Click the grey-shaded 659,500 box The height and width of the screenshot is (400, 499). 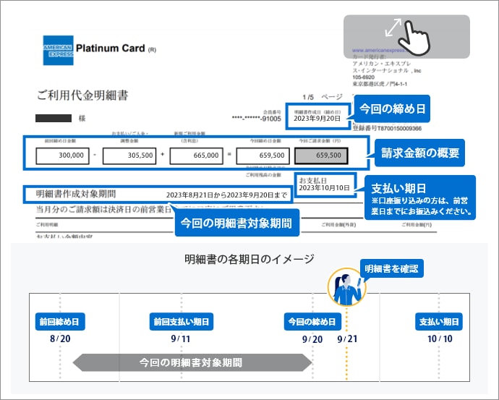[x=322, y=155]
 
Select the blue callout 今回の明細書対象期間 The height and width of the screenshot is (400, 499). [x=236, y=223]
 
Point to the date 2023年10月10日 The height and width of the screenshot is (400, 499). [x=323, y=188]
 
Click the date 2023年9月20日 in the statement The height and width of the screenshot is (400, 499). [x=317, y=118]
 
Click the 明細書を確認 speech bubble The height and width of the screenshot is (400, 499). [x=391, y=268]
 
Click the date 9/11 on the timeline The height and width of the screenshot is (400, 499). [x=181, y=339]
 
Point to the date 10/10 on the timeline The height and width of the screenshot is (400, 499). [x=440, y=339]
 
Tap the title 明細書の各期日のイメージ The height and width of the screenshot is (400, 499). [x=249, y=259]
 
